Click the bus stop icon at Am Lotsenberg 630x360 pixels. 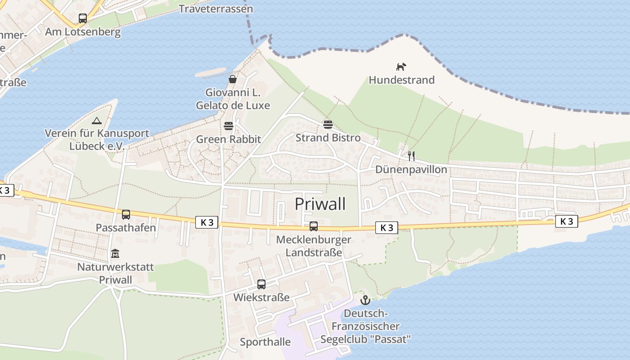click(83, 18)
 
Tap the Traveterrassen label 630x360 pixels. click(216, 9)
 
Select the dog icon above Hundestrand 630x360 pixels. click(401, 67)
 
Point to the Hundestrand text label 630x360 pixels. click(401, 80)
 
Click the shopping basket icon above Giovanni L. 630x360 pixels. click(233, 80)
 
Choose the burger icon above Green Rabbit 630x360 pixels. click(229, 126)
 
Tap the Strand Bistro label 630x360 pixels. click(328, 138)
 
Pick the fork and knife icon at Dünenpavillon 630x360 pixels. click(411, 156)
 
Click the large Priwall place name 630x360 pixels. click(320, 204)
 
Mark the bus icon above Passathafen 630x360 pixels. click(126, 215)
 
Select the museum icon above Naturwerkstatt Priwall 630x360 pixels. click(115, 254)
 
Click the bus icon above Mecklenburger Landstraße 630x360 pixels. click(314, 226)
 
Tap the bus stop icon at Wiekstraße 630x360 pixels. click(261, 284)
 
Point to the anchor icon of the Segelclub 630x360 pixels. click(365, 300)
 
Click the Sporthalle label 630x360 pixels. click(265, 342)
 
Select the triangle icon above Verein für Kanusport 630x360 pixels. click(96, 121)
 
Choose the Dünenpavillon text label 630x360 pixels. click(411, 170)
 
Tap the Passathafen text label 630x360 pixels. click(126, 228)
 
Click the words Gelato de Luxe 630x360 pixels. click(233, 106)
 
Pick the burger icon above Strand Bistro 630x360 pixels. click(328, 124)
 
